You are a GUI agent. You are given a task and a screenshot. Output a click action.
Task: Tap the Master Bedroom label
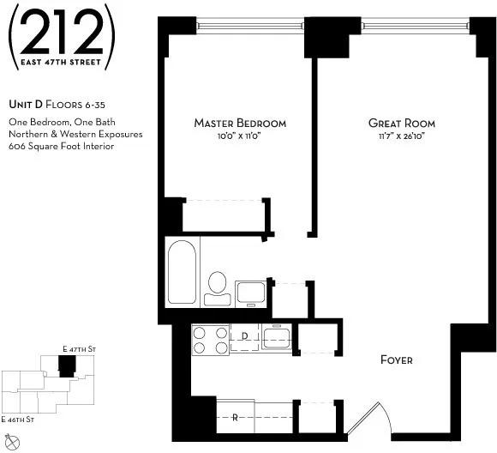tap(240, 124)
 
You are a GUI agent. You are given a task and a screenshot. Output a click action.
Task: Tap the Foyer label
tap(396, 359)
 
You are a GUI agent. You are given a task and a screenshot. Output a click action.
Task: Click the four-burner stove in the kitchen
tap(210, 340)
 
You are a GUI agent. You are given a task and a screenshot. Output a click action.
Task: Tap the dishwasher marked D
tap(244, 335)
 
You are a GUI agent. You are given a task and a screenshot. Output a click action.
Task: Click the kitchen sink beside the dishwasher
tap(277, 339)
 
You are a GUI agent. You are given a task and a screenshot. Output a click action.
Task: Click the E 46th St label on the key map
tap(17, 419)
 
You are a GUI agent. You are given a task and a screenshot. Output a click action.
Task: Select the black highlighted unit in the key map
tap(66, 366)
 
